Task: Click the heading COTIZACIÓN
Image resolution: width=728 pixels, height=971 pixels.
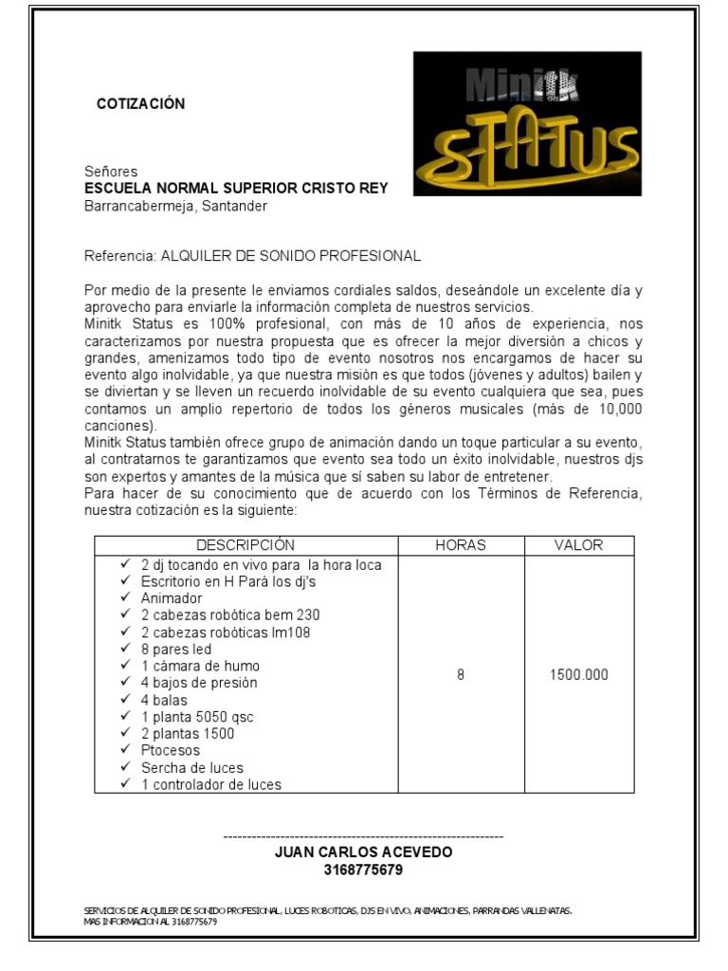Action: tap(141, 104)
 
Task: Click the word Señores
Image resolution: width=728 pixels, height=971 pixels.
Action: tap(111, 173)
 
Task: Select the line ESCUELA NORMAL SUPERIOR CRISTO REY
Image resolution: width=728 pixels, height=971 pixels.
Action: tap(236, 189)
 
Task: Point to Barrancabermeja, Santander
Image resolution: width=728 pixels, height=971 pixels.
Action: tap(176, 206)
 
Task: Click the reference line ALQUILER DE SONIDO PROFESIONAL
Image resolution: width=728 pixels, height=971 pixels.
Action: tap(252, 256)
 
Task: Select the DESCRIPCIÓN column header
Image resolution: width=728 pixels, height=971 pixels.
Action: tap(246, 545)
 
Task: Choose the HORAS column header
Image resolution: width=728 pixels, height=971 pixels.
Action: tap(460, 545)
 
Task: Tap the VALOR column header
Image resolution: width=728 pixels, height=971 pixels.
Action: tap(578, 545)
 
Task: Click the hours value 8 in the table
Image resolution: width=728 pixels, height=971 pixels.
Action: tap(461, 675)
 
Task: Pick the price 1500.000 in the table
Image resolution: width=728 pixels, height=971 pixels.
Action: tap(578, 675)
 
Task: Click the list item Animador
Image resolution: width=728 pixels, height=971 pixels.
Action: tap(172, 598)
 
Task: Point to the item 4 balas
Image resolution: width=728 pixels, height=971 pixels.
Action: tap(164, 700)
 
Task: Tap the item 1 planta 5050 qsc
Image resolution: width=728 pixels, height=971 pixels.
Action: tap(198, 717)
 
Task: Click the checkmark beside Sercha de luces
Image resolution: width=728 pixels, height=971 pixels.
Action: tap(125, 767)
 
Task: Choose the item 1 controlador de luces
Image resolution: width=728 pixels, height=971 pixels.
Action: tap(210, 784)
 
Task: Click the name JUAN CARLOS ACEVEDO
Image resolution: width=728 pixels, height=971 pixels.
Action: tap(363, 852)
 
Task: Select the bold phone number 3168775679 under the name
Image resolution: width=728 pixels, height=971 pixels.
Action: tap(363, 870)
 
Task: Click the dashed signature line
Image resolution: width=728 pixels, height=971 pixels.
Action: tap(363, 837)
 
